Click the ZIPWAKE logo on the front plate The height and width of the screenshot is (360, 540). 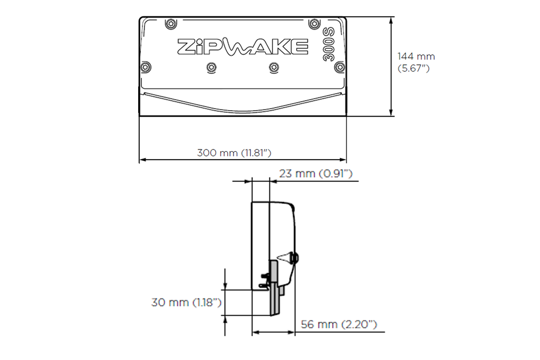point(243,47)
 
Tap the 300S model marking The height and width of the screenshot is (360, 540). point(329,44)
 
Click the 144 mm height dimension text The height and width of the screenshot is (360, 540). point(416,56)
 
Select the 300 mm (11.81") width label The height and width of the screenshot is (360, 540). point(234,152)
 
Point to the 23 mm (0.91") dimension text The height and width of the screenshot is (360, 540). point(316,173)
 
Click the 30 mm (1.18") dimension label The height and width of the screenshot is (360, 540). point(186,302)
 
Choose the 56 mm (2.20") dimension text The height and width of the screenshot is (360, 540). point(339,324)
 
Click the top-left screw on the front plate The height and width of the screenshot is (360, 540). point(170,24)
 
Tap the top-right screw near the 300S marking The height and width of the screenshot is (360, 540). point(314,24)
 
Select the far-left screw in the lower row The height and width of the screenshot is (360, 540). point(146,67)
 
